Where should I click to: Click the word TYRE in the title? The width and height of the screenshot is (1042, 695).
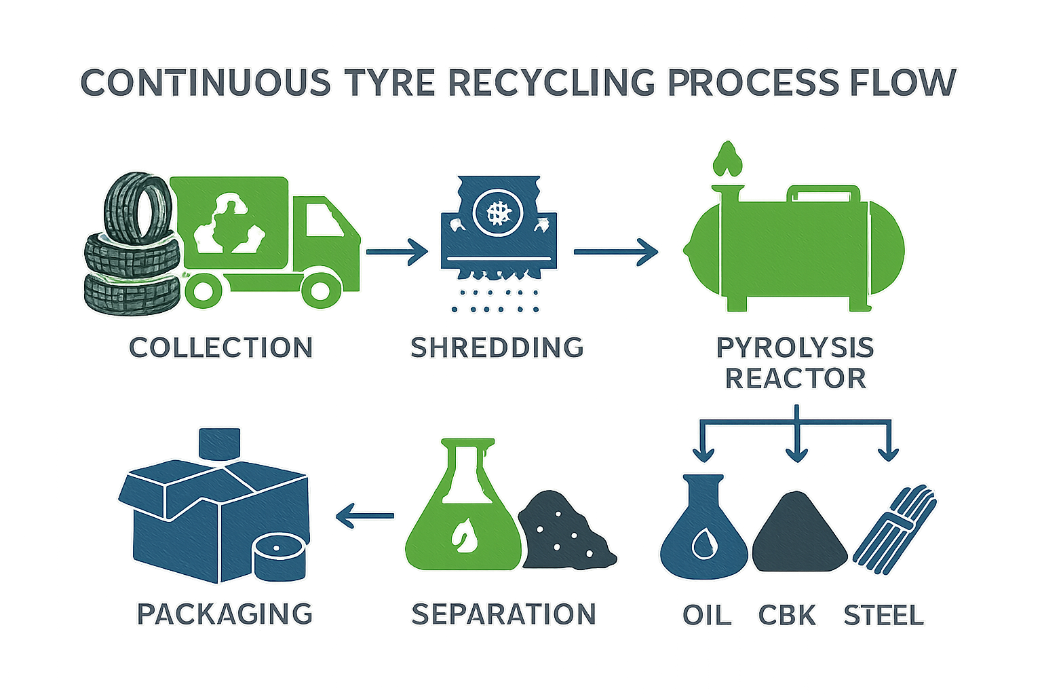point(389,83)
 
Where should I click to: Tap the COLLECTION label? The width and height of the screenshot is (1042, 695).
point(221,347)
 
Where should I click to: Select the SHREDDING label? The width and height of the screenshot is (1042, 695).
point(497,347)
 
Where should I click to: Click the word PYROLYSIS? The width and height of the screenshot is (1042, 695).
point(795,347)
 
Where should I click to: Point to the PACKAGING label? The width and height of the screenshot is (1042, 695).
point(225,614)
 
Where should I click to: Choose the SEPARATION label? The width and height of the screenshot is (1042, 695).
point(503,614)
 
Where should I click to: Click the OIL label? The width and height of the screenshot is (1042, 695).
point(707,615)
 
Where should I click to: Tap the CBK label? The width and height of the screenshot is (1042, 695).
point(787,615)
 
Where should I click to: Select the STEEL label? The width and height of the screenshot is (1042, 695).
point(883,615)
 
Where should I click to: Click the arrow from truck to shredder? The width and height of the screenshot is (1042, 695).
point(397,252)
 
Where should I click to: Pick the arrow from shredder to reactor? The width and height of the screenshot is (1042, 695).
point(615,252)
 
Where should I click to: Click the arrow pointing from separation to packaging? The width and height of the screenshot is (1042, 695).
point(365,515)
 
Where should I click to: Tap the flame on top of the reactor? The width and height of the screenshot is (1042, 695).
point(727,159)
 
